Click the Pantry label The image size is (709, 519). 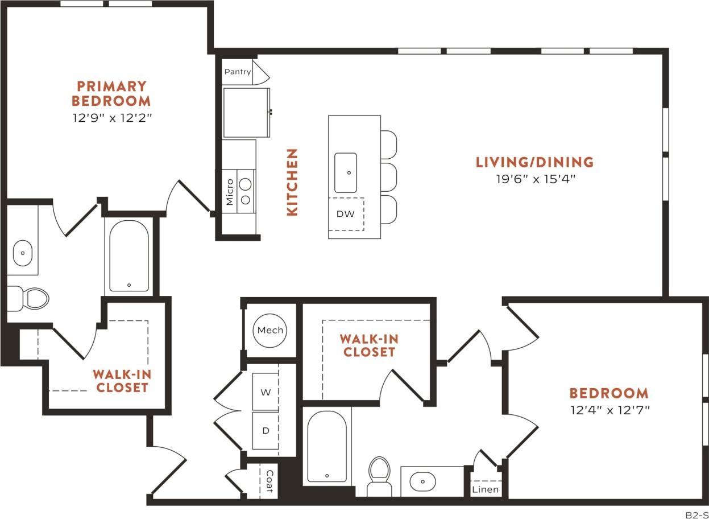238,72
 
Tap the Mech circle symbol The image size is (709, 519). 270,330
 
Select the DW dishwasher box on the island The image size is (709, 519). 346,214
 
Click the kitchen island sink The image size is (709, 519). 346,172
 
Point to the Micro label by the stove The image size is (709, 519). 230,192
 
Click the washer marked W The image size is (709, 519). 265,392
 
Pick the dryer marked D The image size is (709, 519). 265,430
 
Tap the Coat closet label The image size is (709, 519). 269,481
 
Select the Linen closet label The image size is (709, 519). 486,489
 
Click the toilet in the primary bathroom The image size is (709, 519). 31,298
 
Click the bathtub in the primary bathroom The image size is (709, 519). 129,256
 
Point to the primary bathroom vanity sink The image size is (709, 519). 23,253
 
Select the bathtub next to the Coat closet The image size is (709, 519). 327,447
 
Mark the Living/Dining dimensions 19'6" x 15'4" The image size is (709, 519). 534,179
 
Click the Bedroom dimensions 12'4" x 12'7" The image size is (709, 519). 609,409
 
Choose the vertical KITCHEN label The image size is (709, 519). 292,182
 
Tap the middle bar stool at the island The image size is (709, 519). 388,177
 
